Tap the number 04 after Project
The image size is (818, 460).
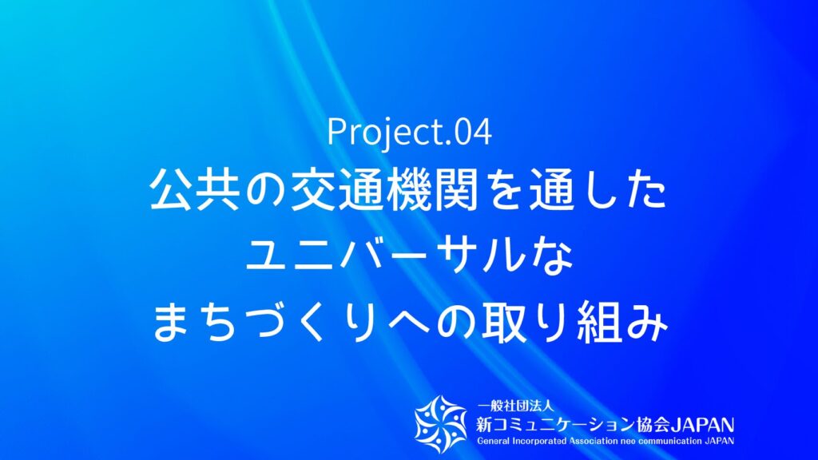point(473,133)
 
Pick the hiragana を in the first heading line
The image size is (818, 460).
point(503,191)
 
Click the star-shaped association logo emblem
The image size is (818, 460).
point(441,424)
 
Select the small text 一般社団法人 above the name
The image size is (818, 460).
point(515,406)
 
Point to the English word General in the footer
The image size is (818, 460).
point(494,442)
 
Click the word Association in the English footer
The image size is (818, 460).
point(593,442)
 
